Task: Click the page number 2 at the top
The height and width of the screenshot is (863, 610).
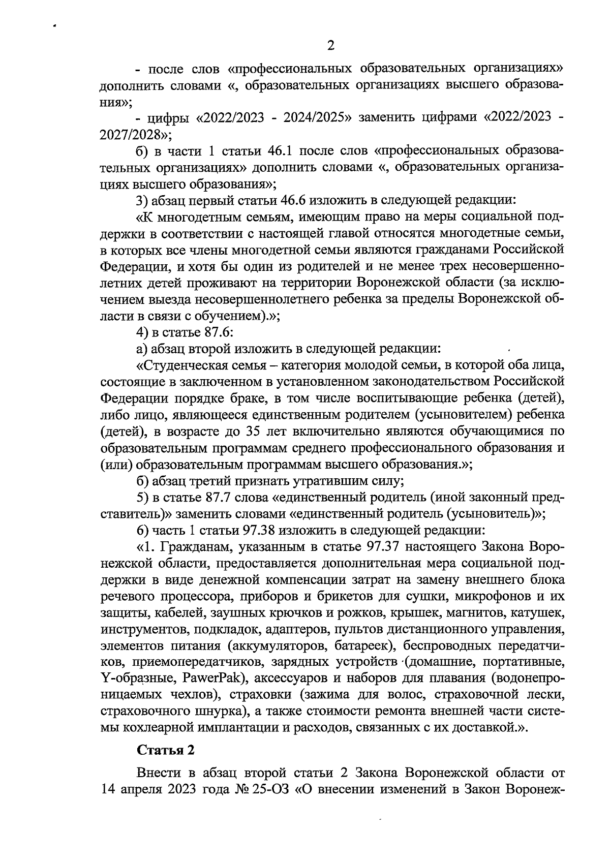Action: [330, 46]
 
